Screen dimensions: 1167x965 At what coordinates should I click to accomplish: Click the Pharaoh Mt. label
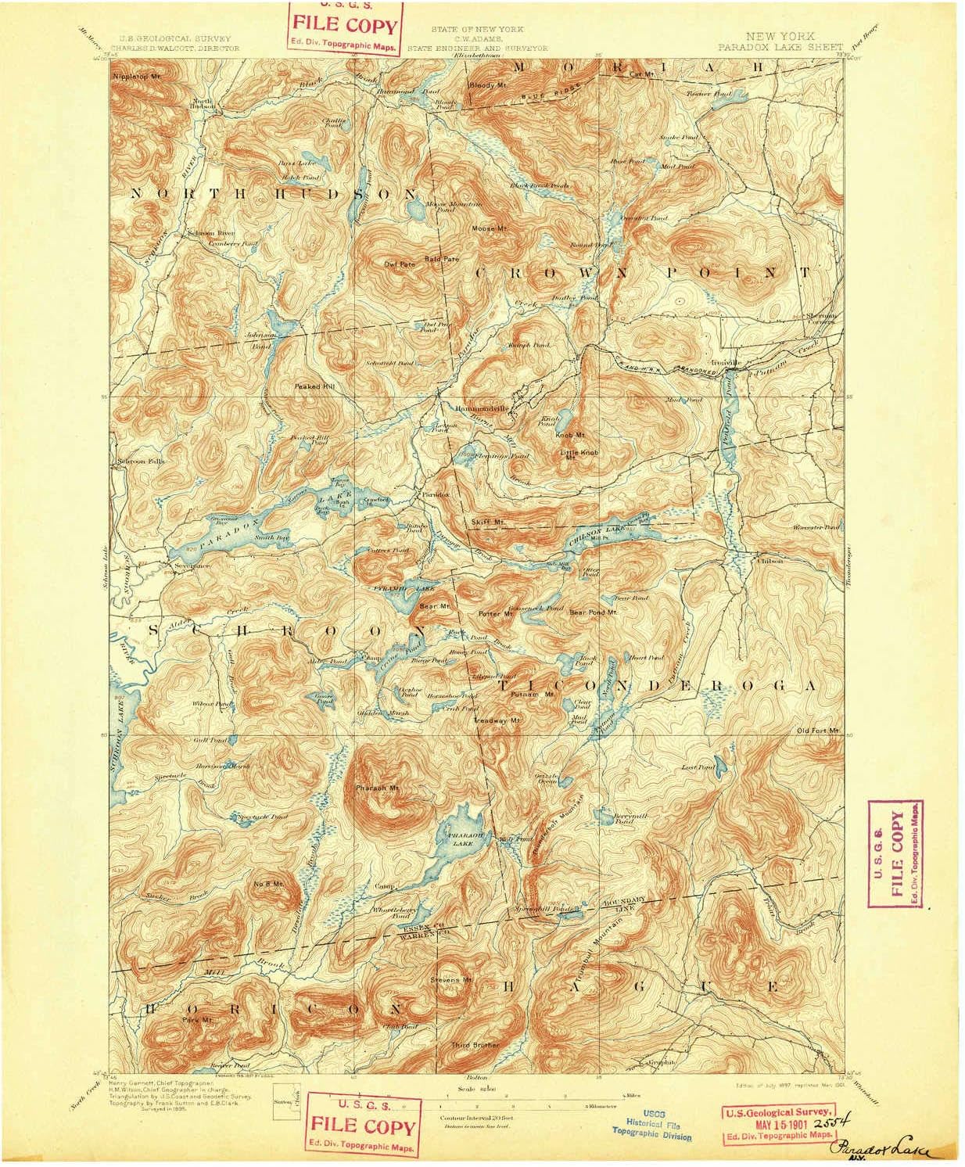click(x=377, y=787)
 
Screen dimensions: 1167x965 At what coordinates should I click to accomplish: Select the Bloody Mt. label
click(x=487, y=84)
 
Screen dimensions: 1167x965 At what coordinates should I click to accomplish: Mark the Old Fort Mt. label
click(x=817, y=731)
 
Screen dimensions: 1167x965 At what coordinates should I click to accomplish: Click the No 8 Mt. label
click(x=267, y=883)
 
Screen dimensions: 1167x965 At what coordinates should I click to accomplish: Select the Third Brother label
click(x=475, y=1044)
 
